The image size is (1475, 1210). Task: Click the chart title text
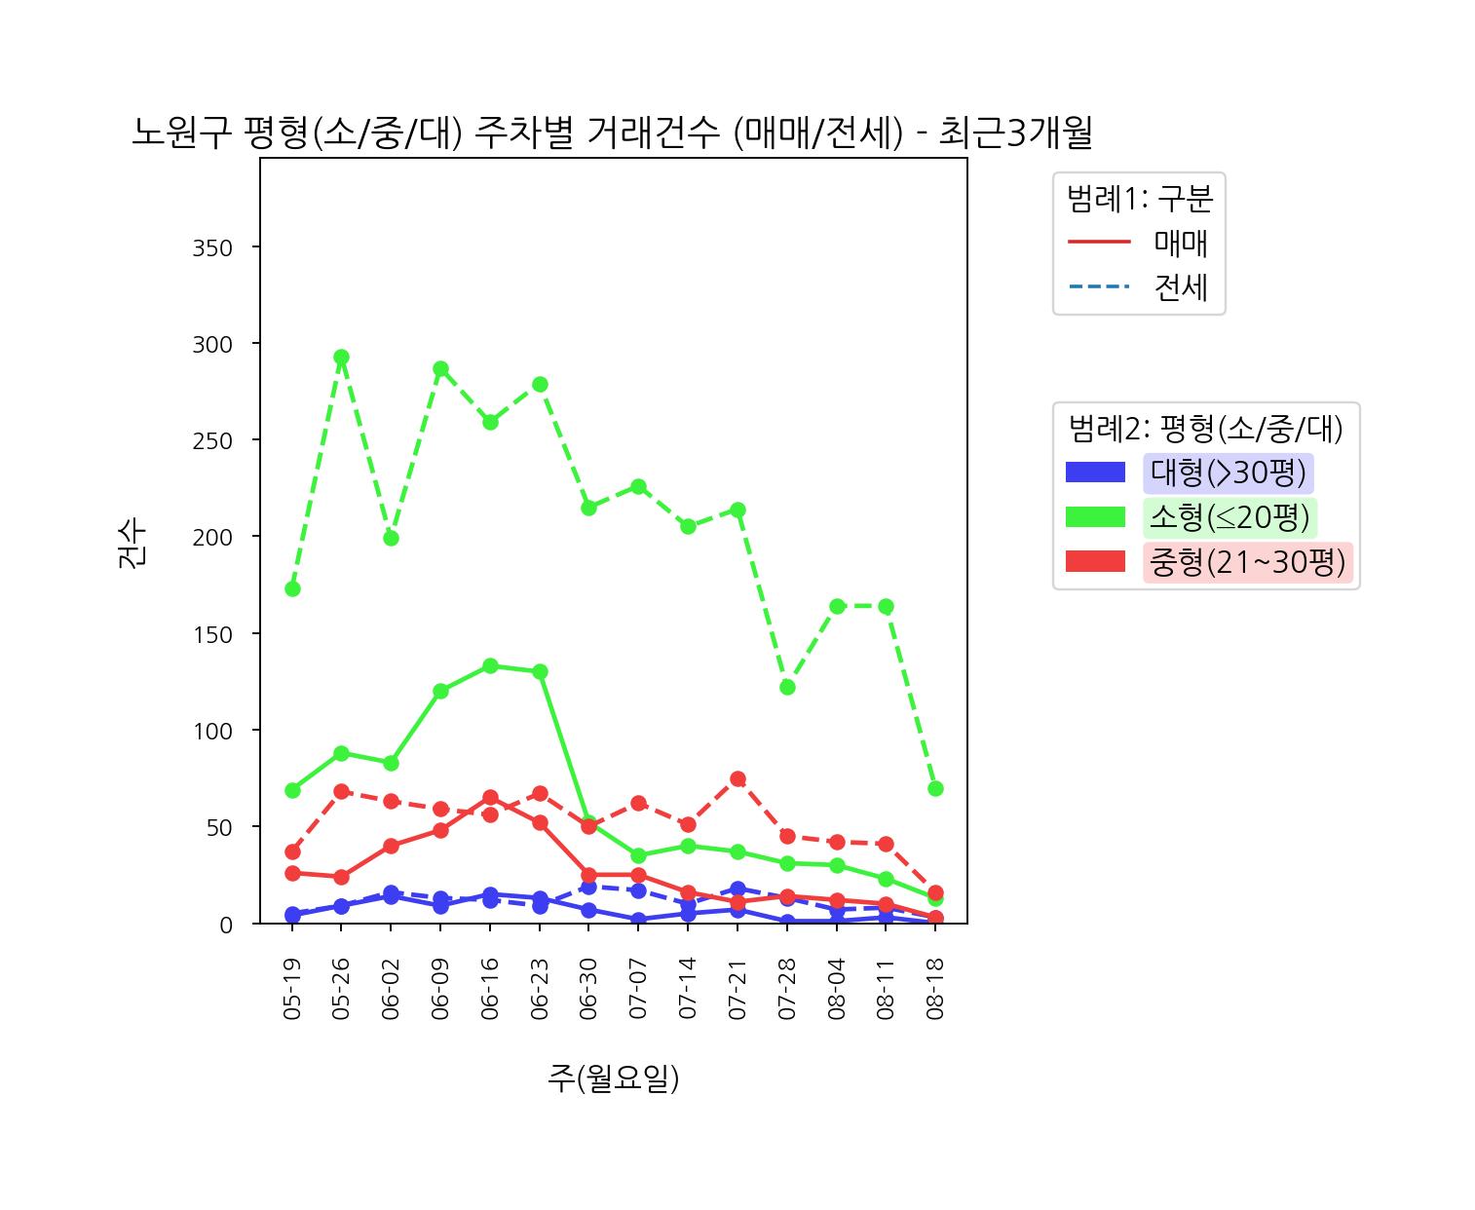click(x=612, y=133)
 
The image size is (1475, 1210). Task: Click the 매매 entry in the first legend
click(x=1181, y=243)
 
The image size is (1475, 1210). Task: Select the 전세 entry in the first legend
click(x=1181, y=287)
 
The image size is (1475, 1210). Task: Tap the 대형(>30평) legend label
click(x=1228, y=473)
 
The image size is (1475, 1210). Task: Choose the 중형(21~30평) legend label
click(x=1247, y=562)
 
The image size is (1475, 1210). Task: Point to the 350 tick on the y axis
click(x=213, y=248)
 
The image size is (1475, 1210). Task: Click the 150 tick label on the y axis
click(x=213, y=634)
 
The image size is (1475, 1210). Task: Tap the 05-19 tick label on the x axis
click(x=292, y=988)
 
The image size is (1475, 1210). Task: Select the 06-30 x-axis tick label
click(x=588, y=988)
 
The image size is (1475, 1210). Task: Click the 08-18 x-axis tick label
click(x=935, y=988)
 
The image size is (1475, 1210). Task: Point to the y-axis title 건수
click(x=132, y=544)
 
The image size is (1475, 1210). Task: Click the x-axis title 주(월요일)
click(x=613, y=1078)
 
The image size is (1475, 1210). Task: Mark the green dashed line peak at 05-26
click(x=341, y=358)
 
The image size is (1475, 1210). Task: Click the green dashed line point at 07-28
click(x=787, y=687)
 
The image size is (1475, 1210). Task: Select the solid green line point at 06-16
click(x=490, y=666)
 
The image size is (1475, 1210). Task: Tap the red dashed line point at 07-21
click(x=737, y=778)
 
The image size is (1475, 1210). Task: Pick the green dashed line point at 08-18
click(x=935, y=788)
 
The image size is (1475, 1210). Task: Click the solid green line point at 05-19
click(x=292, y=790)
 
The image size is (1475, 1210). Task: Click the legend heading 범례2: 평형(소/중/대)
click(x=1205, y=427)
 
